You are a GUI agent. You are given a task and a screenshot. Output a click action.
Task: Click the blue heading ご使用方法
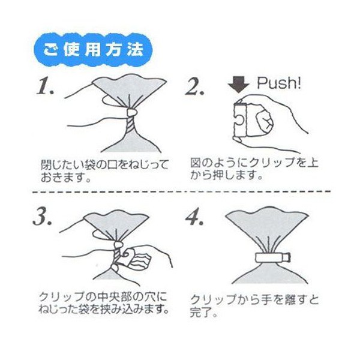coord(94,49)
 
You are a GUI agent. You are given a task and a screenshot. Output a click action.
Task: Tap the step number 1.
coord(45,86)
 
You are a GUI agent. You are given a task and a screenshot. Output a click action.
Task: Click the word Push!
coord(279,83)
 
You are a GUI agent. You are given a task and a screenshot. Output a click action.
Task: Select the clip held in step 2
coord(240,120)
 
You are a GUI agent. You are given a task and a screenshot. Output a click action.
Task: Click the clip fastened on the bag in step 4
coord(273,257)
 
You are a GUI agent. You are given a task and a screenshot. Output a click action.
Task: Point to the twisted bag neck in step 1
coord(131,125)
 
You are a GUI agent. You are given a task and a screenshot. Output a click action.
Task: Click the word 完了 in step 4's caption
coord(200,313)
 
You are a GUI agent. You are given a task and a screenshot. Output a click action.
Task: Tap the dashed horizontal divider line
coord(181,191)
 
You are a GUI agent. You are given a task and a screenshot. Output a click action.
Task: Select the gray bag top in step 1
coord(130,88)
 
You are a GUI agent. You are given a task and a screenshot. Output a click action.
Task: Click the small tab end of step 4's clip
coord(288,257)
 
